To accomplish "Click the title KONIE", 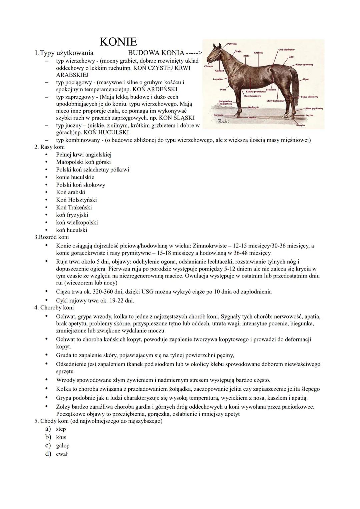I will pyautogui.click(x=118, y=42).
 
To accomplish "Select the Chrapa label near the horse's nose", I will pyautogui.click(x=208, y=66).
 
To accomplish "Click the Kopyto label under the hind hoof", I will pyautogui.click(x=300, y=125).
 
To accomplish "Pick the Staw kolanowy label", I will pyautogui.click(x=275, y=101).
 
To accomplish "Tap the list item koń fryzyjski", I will pyautogui.click(x=72, y=215).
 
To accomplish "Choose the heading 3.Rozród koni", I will pyautogui.click(x=52, y=237).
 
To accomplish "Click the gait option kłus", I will pyautogui.click(x=61, y=437).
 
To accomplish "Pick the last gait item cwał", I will pyautogui.click(x=62, y=454).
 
